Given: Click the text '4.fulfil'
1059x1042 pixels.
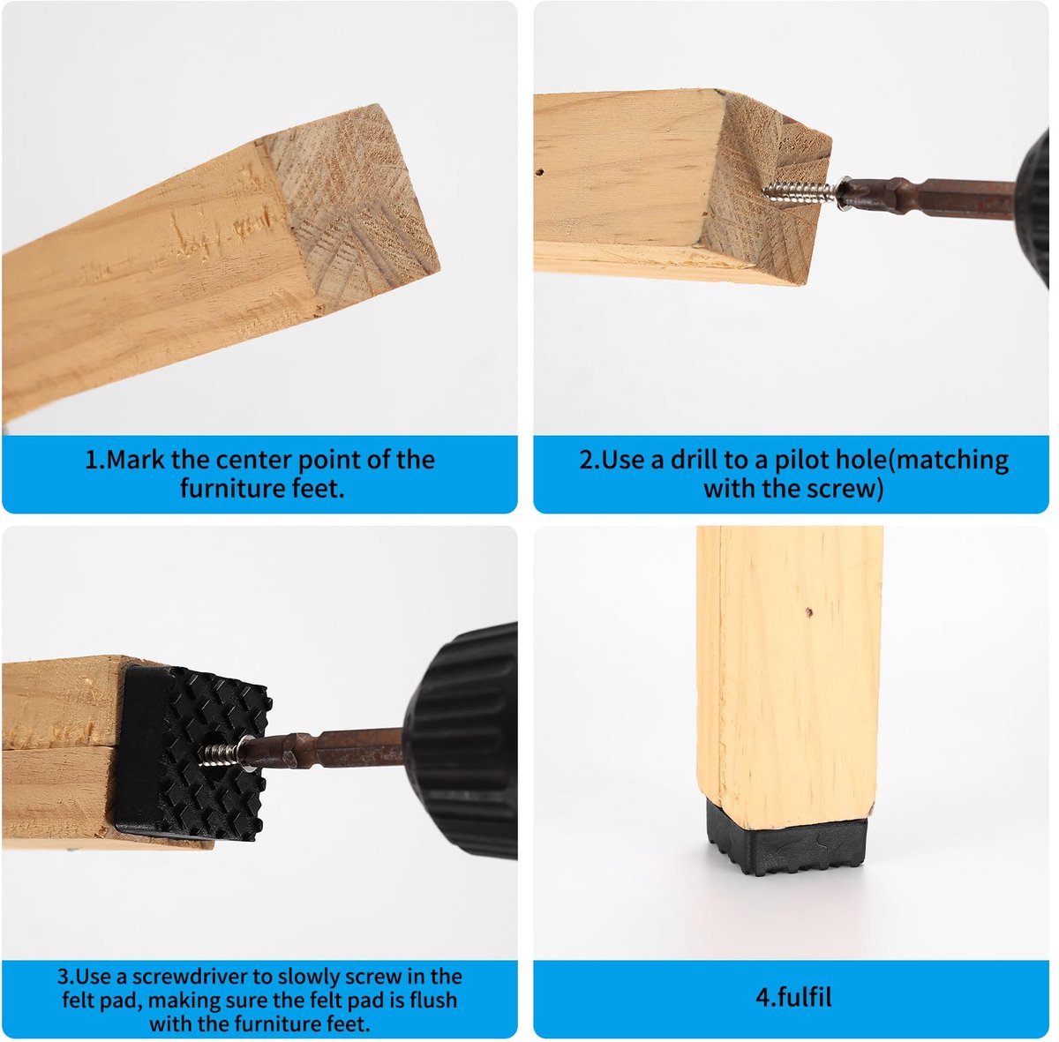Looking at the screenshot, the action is coord(793,997).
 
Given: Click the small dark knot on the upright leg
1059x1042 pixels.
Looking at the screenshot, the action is coord(809,611).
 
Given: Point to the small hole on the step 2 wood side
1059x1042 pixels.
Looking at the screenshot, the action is coord(540,173).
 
